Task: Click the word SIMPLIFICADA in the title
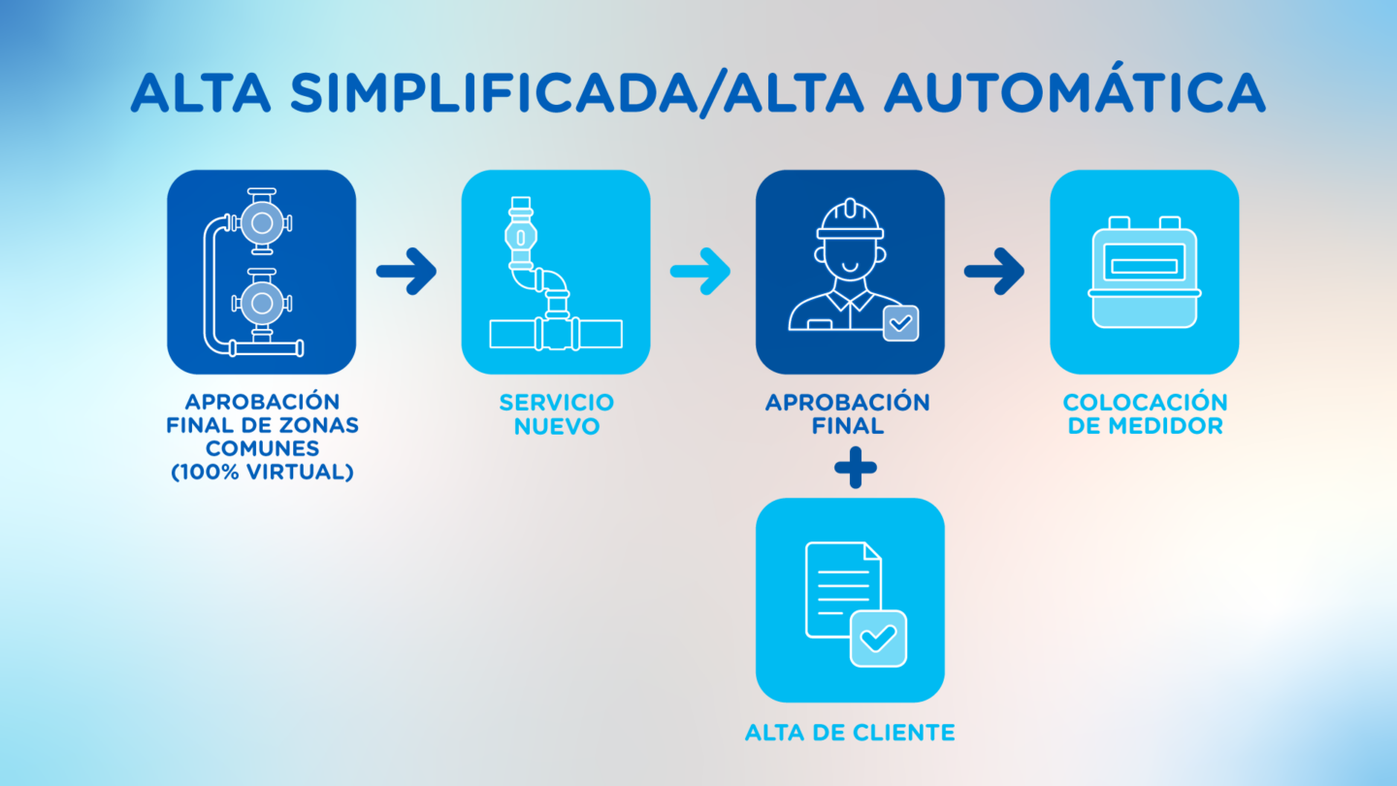493,92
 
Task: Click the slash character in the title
710,93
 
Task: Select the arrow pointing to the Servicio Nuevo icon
406,272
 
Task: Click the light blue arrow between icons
700,272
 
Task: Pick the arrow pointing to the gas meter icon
994,272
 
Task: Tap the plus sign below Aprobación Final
856,468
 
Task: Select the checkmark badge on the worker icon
900,323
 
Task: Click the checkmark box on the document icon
878,639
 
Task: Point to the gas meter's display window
1145,263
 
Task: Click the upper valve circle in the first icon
262,223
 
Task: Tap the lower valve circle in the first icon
262,303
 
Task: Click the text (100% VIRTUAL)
263,473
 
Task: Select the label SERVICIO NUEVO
557,414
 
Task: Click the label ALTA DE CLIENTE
850,733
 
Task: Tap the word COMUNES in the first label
263,448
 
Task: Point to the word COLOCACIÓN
1145,403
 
